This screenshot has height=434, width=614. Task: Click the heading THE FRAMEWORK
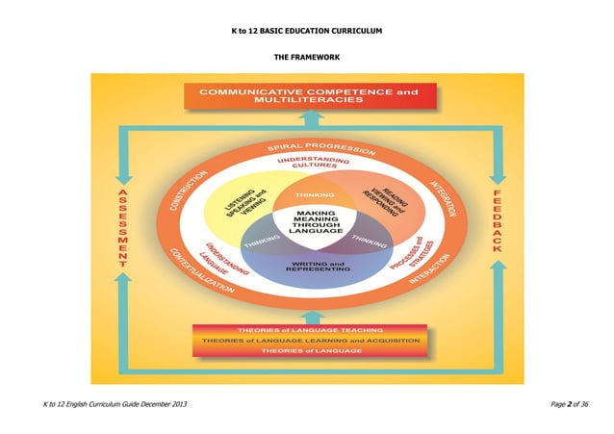coord(307,58)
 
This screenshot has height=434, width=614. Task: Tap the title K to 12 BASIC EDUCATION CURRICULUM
coord(307,32)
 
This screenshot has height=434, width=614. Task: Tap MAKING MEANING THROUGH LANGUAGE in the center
coord(307,224)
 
